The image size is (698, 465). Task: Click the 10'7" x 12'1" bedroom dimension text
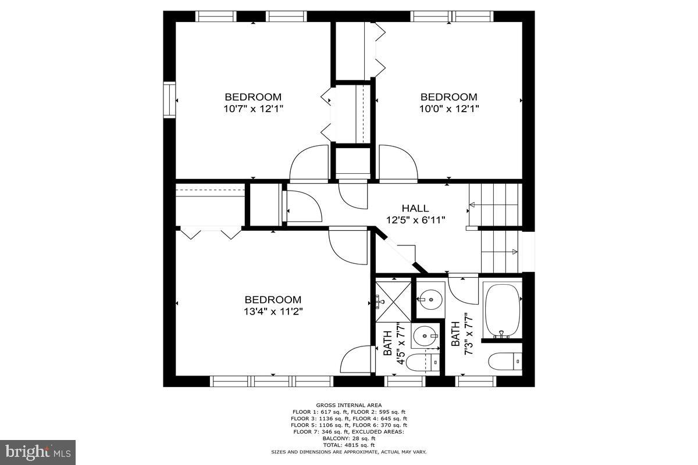(253, 108)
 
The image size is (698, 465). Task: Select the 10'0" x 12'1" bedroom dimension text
(448, 108)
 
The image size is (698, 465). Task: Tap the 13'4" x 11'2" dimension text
(273, 311)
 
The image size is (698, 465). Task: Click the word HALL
(415, 208)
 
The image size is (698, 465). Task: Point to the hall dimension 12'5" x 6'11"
(415, 220)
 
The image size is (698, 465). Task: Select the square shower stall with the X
(393, 301)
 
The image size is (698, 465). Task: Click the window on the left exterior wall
(169, 100)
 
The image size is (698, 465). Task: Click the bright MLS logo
(38, 452)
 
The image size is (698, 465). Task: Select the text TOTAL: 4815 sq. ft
(349, 445)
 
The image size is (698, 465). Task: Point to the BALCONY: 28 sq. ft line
(349, 439)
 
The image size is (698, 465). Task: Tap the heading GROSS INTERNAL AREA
(349, 405)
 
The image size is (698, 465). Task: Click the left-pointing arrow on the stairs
(472, 204)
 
